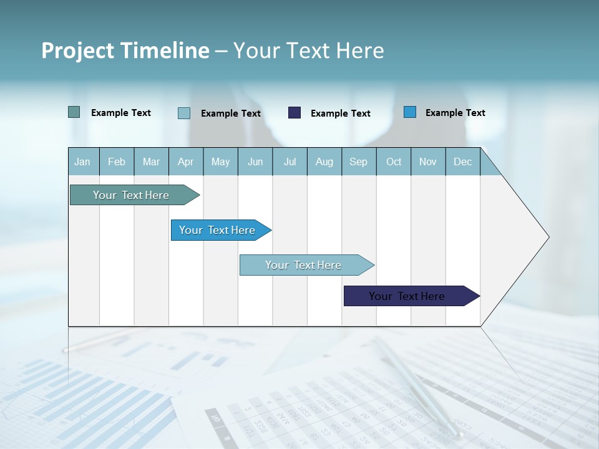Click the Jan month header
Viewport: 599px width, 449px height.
tap(82, 162)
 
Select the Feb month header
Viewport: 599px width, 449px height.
tap(117, 162)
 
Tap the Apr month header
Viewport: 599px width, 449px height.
tap(185, 162)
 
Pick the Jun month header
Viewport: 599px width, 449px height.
tap(255, 162)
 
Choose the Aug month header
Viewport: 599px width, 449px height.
tap(324, 162)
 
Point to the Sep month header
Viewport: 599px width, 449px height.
tap(358, 162)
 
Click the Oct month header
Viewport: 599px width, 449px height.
tap(394, 162)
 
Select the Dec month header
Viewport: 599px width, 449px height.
tap(462, 162)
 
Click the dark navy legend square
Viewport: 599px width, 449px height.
tap(295, 113)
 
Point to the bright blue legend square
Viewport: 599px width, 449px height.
tap(410, 112)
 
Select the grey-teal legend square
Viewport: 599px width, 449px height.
tap(74, 112)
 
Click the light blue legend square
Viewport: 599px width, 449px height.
tap(184, 113)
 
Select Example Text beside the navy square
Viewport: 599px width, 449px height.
tap(340, 113)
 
